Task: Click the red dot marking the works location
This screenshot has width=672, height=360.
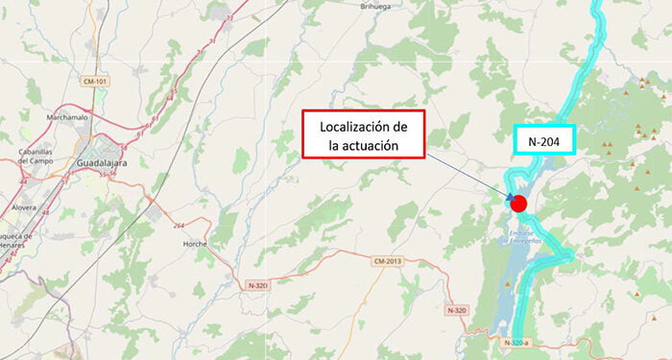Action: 518,203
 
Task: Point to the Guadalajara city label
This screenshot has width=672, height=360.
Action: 103,164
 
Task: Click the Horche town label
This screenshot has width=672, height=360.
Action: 196,244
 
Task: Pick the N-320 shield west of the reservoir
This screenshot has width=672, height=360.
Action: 456,309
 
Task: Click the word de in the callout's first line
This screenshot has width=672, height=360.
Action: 400,127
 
